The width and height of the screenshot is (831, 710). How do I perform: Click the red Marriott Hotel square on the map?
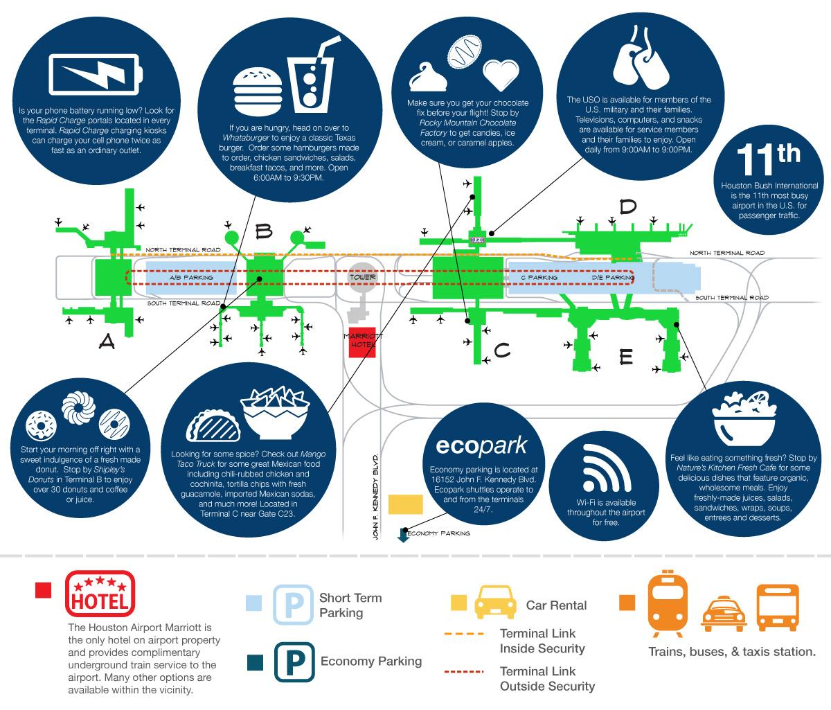pyautogui.click(x=362, y=342)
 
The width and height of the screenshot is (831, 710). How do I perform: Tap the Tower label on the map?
pyautogui.click(x=363, y=277)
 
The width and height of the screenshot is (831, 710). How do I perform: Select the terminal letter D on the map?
pyautogui.click(x=627, y=206)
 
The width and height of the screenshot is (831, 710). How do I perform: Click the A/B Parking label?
pyautogui.click(x=191, y=277)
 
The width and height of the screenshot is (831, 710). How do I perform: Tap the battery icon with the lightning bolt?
pyautogui.click(x=96, y=74)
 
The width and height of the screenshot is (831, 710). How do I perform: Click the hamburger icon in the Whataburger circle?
pyautogui.click(x=258, y=91)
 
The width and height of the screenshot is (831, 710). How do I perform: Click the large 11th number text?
pyautogui.click(x=768, y=159)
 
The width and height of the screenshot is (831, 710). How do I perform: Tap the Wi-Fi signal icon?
pyautogui.click(x=606, y=468)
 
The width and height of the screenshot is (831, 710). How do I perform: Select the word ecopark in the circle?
pyautogui.click(x=481, y=446)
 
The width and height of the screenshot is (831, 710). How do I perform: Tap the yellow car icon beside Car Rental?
pyautogui.click(x=495, y=602)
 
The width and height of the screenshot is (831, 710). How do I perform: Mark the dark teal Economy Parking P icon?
pyautogui.click(x=294, y=662)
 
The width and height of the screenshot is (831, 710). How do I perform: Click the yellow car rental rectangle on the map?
pyautogui.click(x=405, y=504)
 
